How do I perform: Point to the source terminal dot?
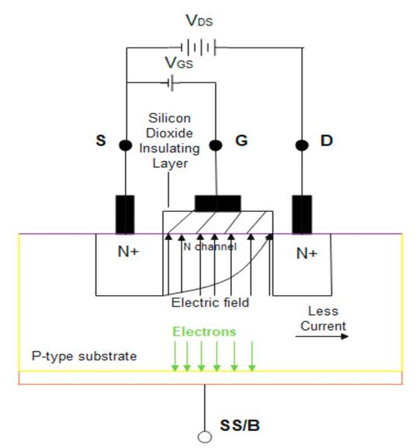click(124, 145)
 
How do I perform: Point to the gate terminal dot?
click(217, 145)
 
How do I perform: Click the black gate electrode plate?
click(217, 203)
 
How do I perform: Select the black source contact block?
click(124, 214)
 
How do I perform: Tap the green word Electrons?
click(203, 332)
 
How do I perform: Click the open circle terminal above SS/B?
click(205, 437)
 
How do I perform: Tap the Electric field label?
click(211, 303)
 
